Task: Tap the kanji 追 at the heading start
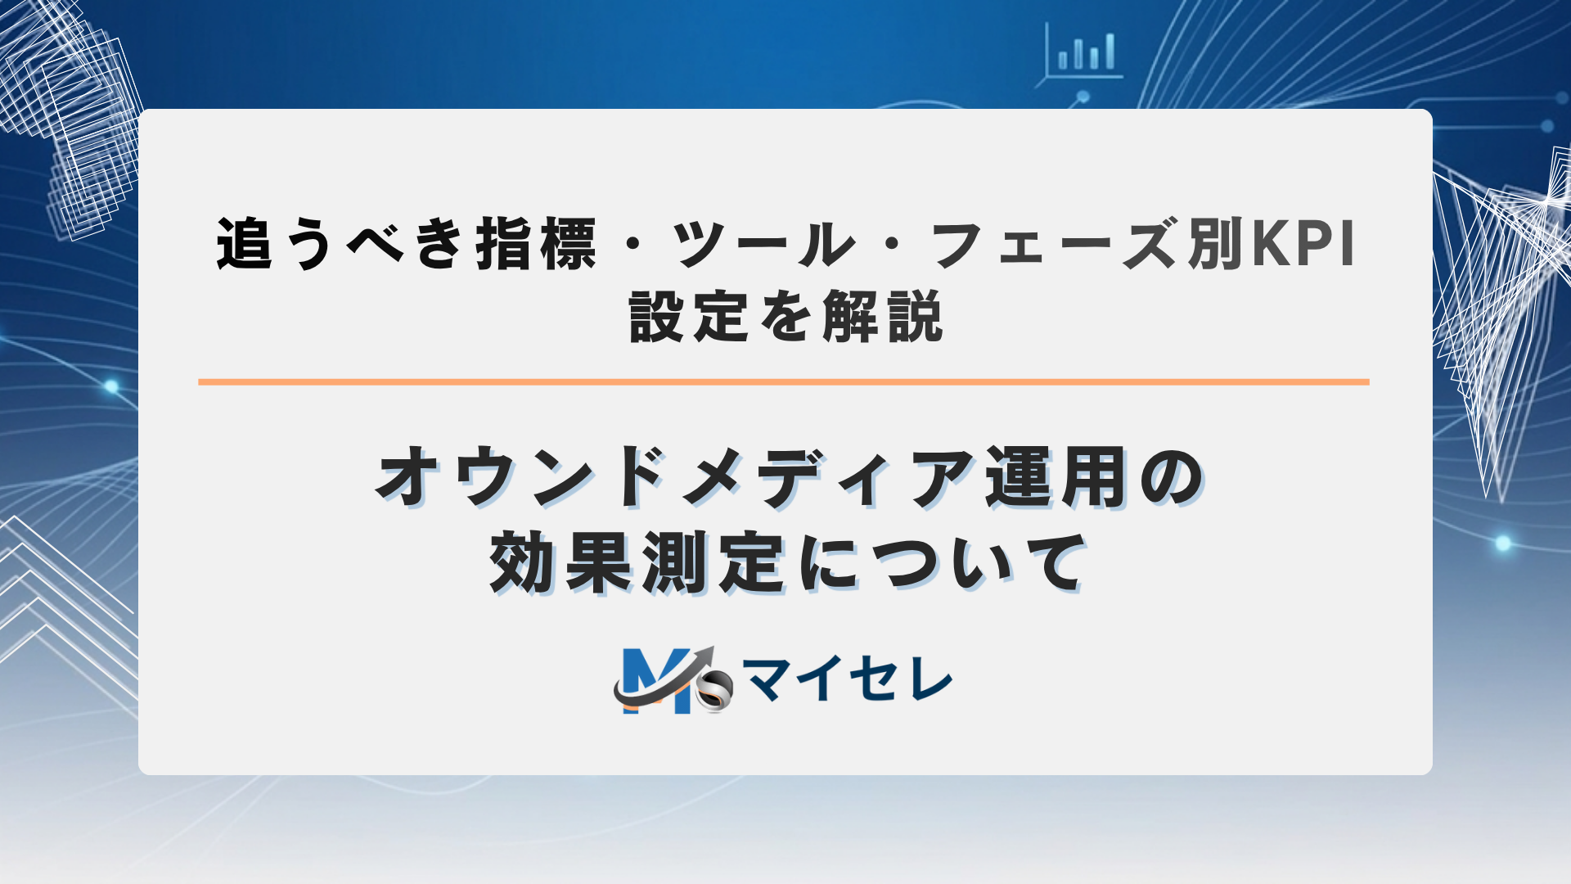[243, 244]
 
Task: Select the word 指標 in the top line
[536, 244]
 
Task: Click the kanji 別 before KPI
[1216, 244]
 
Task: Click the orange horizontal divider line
[783, 381]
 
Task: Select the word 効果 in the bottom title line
[561, 563]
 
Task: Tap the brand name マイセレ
[848, 679]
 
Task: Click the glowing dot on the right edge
[1503, 543]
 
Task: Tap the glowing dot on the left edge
[111, 386]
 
